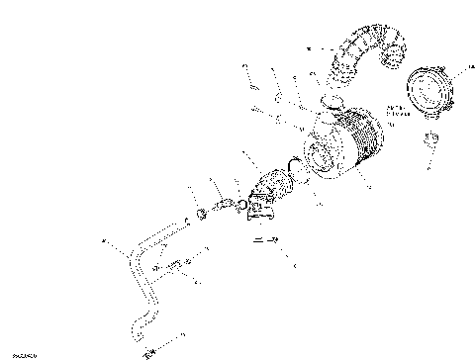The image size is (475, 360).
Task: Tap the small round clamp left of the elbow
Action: pos(202,212)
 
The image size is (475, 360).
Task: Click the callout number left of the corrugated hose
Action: pos(308,47)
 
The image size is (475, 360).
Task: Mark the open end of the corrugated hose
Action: pos(396,49)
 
